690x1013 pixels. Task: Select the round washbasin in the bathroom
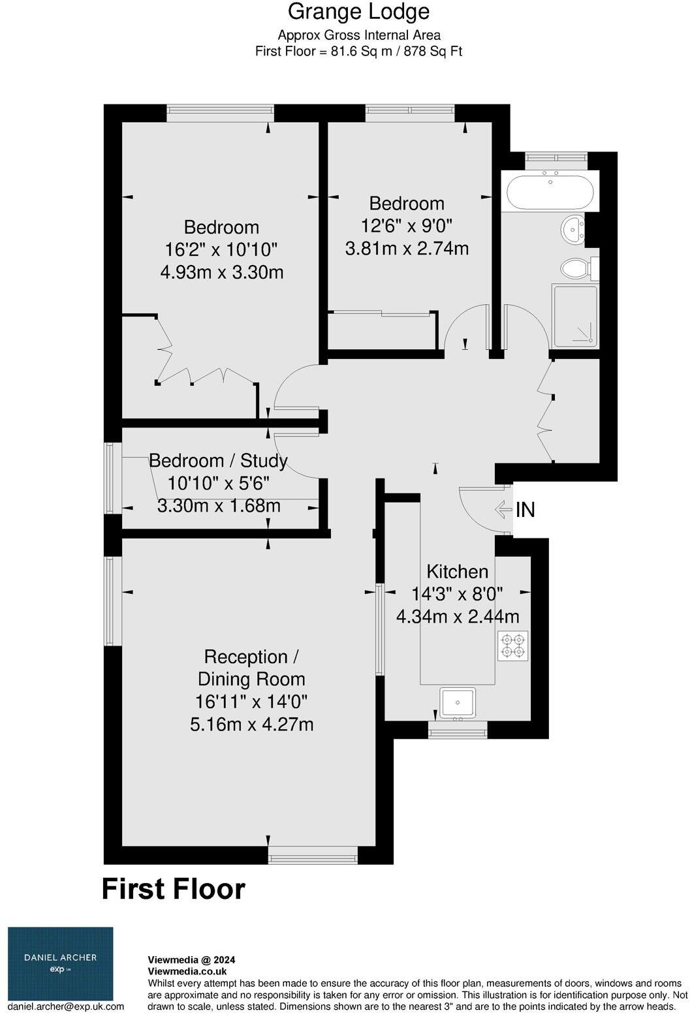pos(573,229)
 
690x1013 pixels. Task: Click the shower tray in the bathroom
pos(575,316)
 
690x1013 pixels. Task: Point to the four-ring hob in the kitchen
pos(512,646)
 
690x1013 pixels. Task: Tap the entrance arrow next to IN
pos(503,508)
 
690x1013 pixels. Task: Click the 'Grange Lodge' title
pos(358,12)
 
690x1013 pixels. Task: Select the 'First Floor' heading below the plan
pos(174,889)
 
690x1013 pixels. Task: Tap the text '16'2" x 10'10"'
pos(222,249)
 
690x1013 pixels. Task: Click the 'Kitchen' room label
pos(457,572)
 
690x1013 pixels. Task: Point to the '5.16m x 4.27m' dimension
pos(251,725)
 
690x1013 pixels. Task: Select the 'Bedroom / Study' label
pos(218,461)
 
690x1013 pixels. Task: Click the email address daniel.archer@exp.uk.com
pos(66,1006)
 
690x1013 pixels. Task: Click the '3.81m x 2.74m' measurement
pos(407,249)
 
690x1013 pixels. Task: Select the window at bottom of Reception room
pos(313,854)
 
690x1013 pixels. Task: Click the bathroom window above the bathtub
pos(556,157)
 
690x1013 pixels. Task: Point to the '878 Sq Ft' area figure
pos(433,52)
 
